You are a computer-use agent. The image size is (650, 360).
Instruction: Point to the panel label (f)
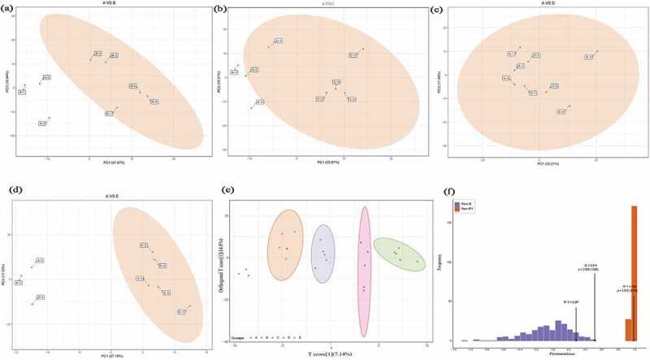[x=449, y=193]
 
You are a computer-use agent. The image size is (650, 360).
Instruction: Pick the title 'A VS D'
[x=534, y=6]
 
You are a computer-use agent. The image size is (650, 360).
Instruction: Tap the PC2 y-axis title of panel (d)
[x=6, y=271]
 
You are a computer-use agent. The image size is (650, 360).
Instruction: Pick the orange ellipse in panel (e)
[x=285, y=245]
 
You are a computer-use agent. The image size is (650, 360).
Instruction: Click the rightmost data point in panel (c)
[x=597, y=52]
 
